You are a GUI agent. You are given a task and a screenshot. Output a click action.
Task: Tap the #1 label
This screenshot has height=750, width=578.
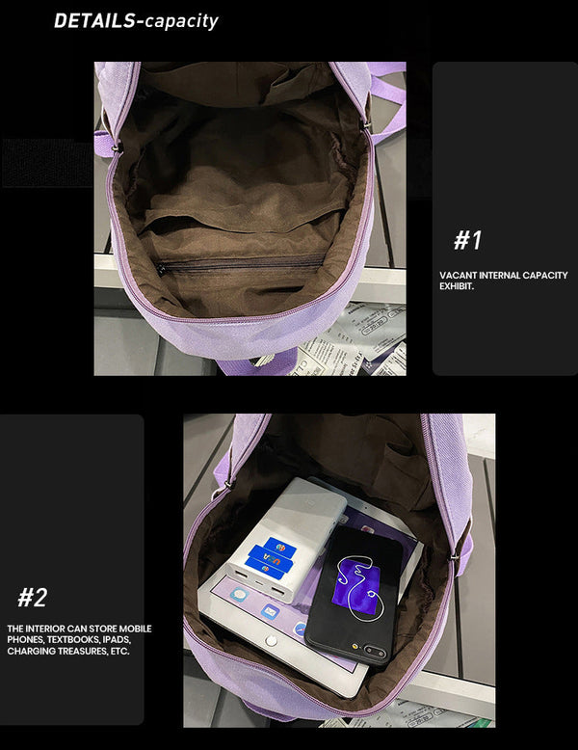467,240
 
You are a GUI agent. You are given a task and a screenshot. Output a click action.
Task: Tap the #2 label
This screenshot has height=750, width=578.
32,598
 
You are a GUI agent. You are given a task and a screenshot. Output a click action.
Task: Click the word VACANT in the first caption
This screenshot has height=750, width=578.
459,276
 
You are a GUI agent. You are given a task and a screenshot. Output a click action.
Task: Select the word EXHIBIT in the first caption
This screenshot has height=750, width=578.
457,286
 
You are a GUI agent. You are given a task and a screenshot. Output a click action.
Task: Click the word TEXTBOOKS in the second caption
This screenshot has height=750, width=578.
78,640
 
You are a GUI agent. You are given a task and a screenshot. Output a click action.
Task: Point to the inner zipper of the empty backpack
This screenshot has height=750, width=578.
241,266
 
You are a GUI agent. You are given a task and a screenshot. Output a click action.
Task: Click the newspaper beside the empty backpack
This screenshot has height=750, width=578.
361,337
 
